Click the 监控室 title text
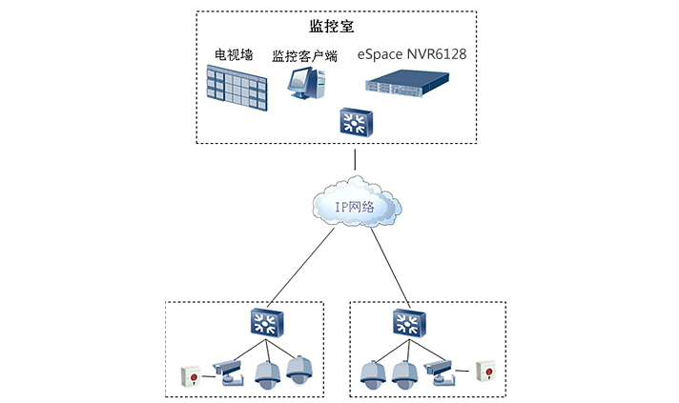333,26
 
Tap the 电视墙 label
232,55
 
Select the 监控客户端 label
304,56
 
